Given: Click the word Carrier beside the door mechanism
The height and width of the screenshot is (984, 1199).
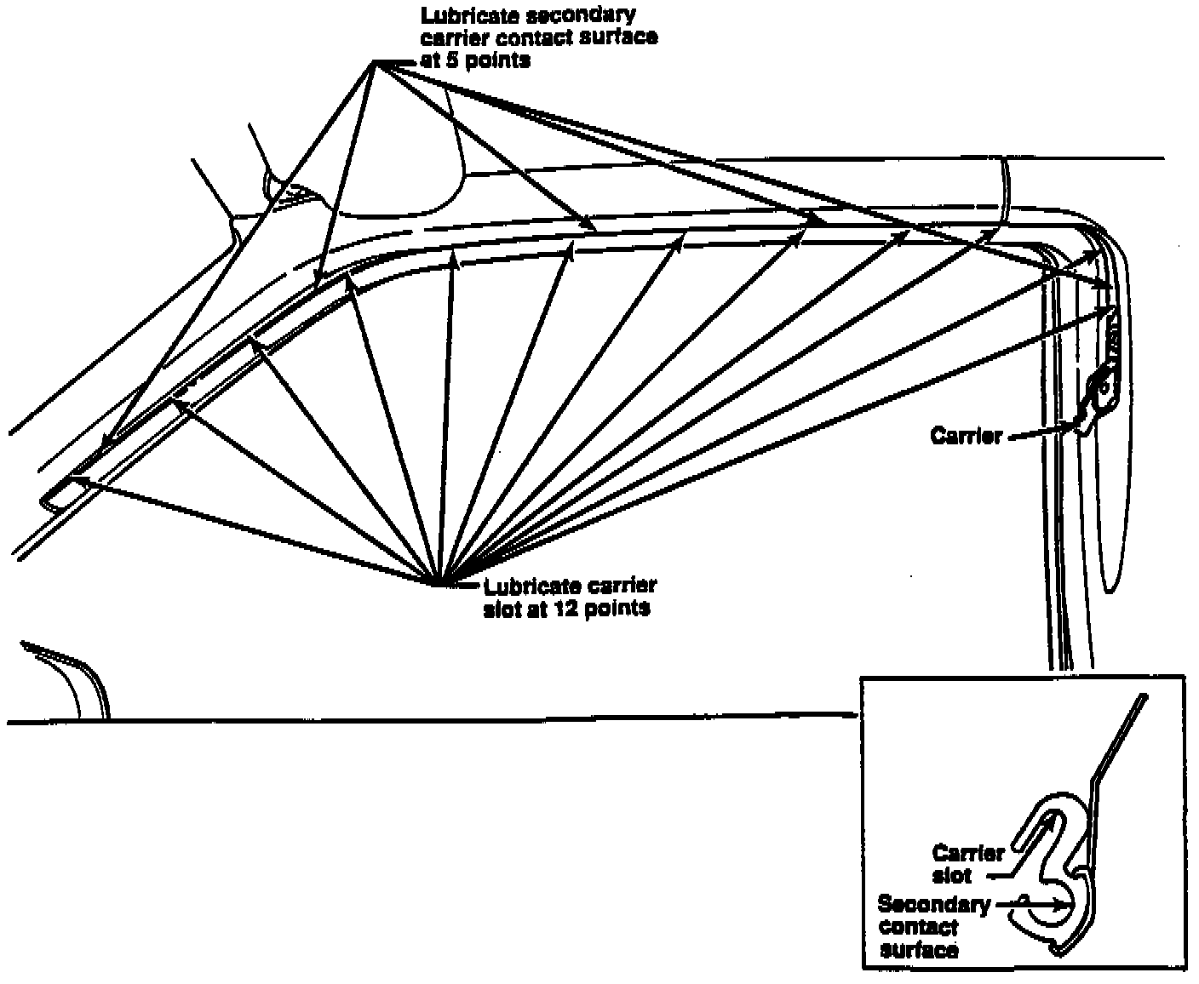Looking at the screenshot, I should [966, 436].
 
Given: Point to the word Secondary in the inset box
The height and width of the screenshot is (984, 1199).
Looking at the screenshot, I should [933, 904].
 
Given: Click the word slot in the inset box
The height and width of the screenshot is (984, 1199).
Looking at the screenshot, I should [951, 875].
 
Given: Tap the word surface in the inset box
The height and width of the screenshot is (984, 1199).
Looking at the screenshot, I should [919, 949].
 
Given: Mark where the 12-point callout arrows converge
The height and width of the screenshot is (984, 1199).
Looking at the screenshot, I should [437, 585].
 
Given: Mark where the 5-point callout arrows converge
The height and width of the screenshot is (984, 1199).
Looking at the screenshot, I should [376, 63].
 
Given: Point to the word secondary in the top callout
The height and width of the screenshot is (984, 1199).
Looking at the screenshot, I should [588, 16].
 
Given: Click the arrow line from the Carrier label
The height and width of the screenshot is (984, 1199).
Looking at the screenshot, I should [1039, 432].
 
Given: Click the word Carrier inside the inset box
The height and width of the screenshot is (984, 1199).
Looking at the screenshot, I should [967, 853].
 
